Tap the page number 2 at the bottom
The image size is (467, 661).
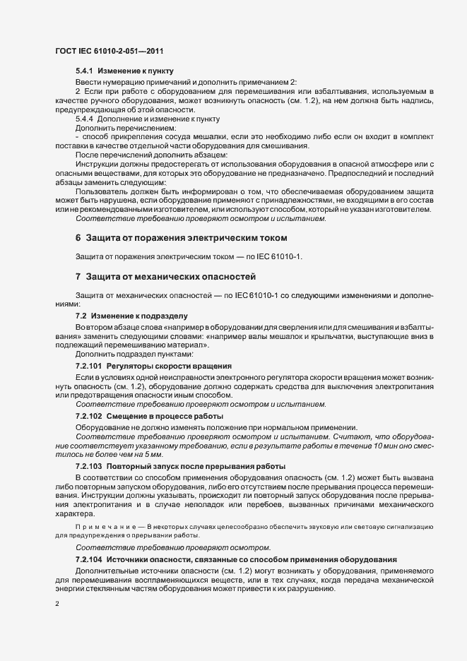pos(57,605)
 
